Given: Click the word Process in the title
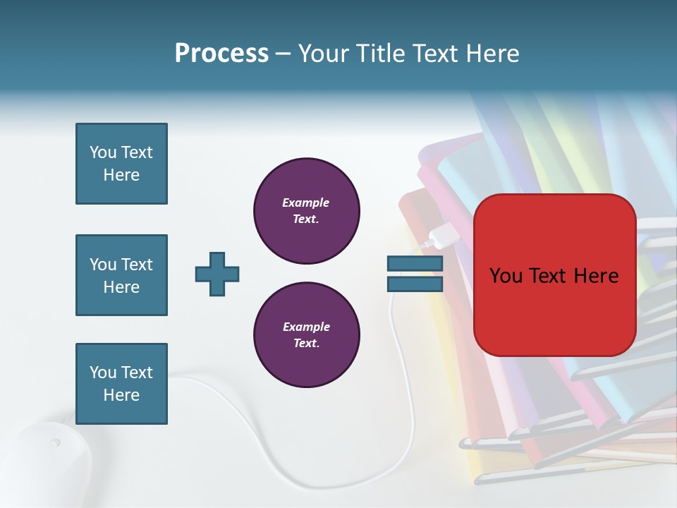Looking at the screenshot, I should (221, 54).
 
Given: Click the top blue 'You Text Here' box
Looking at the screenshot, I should (121, 164).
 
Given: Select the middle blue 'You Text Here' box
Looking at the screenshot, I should (121, 275).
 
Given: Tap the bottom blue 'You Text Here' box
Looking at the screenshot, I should (121, 384).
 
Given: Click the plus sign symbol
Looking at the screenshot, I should (217, 274).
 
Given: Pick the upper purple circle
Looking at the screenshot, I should (306, 211).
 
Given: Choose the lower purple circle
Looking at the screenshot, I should (306, 335).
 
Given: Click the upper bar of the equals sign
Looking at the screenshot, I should (415, 264).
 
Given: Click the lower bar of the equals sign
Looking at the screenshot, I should (415, 284).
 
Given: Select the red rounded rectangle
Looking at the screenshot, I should (554, 275).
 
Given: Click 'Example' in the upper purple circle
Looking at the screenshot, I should (305, 202).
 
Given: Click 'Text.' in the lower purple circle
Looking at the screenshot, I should (306, 344).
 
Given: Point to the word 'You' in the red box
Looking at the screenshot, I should (505, 276).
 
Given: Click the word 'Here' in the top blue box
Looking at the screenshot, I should (121, 175).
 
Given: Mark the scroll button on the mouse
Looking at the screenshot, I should (55, 442).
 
